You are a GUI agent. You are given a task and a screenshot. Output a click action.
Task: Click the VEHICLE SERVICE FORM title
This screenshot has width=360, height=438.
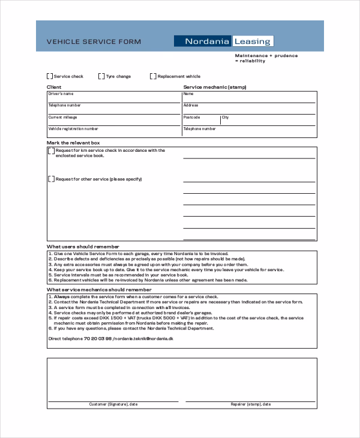click(x=94, y=41)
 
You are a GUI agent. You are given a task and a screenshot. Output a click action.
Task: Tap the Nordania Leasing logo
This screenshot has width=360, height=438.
click(x=224, y=41)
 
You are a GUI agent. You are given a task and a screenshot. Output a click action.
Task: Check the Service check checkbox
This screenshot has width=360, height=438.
click(x=50, y=76)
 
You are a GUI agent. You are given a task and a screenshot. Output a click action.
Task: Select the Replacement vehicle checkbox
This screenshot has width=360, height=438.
click(x=153, y=76)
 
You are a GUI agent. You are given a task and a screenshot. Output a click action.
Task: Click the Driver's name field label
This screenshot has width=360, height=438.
click(x=61, y=94)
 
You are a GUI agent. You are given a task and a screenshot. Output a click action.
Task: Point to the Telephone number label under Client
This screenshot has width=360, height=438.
click(x=64, y=106)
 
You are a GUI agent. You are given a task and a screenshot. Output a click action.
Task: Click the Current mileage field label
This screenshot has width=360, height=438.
click(x=62, y=118)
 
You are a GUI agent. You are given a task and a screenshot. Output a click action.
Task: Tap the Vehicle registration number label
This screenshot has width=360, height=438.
click(x=73, y=129)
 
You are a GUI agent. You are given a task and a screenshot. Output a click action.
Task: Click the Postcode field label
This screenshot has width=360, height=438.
click(x=191, y=118)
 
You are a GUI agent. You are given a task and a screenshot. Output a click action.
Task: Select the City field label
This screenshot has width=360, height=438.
click(x=225, y=118)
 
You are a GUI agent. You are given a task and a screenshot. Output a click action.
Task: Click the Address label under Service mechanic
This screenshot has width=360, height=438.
click(x=191, y=106)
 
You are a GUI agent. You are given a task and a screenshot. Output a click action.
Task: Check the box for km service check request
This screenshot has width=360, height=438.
click(x=51, y=151)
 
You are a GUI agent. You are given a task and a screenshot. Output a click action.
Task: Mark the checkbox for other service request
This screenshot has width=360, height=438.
click(x=51, y=179)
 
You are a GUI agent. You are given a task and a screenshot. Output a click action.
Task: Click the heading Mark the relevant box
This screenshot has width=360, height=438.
click(x=73, y=143)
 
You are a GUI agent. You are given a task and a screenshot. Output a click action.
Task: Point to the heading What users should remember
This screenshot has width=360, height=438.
click(x=83, y=247)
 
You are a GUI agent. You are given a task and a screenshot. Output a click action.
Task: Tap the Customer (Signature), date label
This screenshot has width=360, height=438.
click(x=113, y=404)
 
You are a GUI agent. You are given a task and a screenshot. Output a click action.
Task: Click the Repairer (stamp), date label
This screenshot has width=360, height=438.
click(x=250, y=404)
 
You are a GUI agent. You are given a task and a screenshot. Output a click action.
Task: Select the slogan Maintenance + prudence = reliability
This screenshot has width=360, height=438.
click(x=266, y=58)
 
